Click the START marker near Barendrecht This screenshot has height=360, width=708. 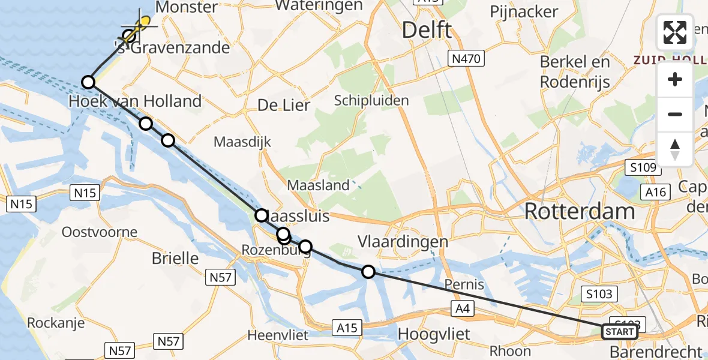pyautogui.click(x=619, y=332)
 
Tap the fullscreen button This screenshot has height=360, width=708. pyautogui.click(x=675, y=32)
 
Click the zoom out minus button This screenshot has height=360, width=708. pyautogui.click(x=675, y=114)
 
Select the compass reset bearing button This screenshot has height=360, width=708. pyautogui.click(x=675, y=149)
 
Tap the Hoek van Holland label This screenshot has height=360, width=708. pyautogui.click(x=135, y=101)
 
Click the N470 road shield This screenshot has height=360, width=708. pyautogui.click(x=466, y=58)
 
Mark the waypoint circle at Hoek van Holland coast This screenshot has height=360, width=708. pyautogui.click(x=88, y=82)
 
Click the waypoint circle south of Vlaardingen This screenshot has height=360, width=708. pyautogui.click(x=368, y=272)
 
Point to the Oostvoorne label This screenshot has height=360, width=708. pyautogui.click(x=100, y=232)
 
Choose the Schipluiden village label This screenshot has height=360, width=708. pyautogui.click(x=372, y=100)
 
